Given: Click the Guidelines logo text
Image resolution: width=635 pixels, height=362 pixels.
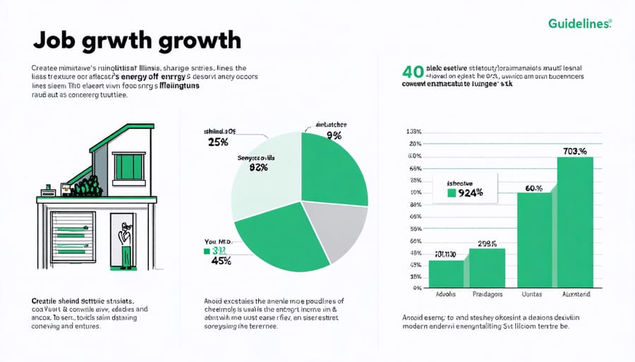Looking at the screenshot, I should pyautogui.click(x=579, y=24).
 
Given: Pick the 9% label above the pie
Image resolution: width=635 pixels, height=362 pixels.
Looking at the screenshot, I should pyautogui.click(x=334, y=135).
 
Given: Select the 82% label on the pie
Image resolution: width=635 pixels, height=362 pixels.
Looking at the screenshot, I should pyautogui.click(x=258, y=168).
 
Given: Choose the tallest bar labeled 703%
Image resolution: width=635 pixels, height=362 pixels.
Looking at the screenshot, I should pyautogui.click(x=575, y=222).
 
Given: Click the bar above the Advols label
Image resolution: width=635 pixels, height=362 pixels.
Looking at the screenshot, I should pyautogui.click(x=447, y=274).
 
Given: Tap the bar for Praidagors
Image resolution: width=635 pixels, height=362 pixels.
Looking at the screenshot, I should pyautogui.click(x=488, y=268).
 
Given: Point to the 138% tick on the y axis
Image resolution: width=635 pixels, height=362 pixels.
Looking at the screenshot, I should pyautogui.click(x=413, y=132).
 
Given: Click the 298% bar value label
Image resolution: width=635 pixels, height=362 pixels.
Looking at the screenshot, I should pyautogui.click(x=487, y=244).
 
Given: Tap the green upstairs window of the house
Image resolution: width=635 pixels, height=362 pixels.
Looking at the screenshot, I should pyautogui.click(x=128, y=167).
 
